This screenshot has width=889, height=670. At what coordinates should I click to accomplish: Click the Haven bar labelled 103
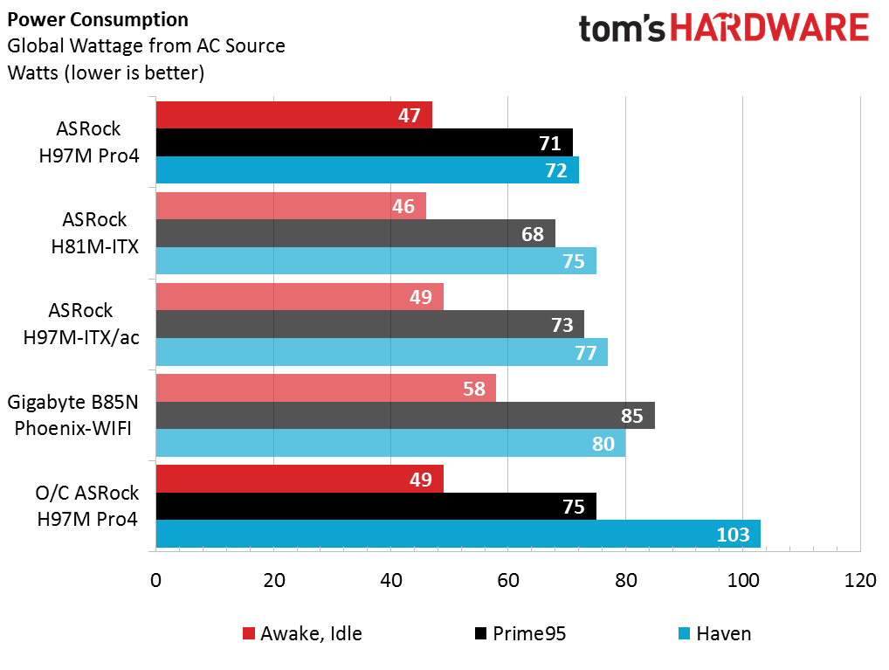(458, 534)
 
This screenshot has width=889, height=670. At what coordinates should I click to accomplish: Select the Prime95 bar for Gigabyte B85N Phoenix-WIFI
(405, 415)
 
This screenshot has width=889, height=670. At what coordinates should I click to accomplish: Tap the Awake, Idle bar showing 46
(291, 205)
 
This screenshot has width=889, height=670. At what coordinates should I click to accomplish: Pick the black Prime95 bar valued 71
(364, 142)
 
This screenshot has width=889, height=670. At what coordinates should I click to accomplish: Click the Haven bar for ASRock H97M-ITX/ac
(382, 352)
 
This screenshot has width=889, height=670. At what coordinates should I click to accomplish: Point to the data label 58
(474, 389)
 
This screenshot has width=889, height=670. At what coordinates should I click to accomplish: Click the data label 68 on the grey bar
(533, 234)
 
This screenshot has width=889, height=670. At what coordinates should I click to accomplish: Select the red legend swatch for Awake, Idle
(248, 633)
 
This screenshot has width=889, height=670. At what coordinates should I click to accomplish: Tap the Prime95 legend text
(529, 633)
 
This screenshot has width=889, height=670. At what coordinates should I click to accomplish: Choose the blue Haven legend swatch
(685, 633)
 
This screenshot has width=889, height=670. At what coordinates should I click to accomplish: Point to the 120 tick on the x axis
(860, 580)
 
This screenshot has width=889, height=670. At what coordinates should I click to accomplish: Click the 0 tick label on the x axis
(156, 580)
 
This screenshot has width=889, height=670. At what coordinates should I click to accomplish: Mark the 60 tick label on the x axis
(508, 580)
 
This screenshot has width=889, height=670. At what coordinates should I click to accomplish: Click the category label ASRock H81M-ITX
(94, 233)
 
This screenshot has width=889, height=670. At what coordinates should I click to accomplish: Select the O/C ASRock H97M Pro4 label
(86, 506)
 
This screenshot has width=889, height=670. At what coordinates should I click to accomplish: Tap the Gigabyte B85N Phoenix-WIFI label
(72, 415)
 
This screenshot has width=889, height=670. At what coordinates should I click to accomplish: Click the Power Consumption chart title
(98, 20)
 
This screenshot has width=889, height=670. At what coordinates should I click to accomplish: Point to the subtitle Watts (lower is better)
(106, 73)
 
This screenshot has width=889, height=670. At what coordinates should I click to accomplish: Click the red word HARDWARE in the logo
(770, 28)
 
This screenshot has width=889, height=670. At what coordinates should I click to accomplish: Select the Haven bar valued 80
(390, 443)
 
